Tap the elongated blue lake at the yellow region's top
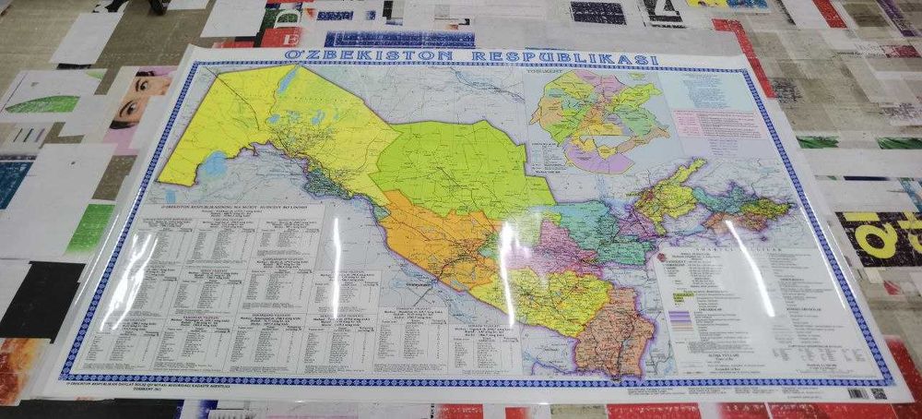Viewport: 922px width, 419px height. (x=287, y=82)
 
